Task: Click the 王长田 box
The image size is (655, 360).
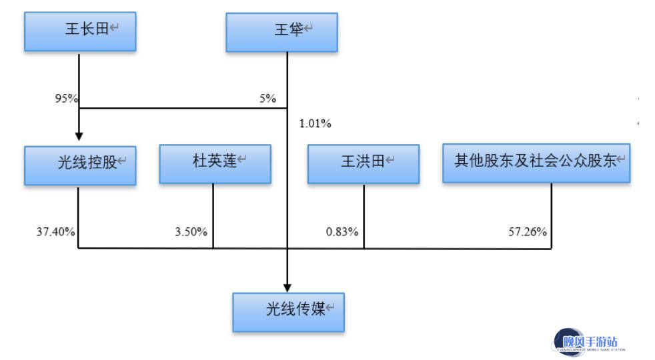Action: [x=80, y=32]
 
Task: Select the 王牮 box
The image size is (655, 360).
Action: [x=282, y=33]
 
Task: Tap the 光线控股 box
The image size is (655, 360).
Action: [x=80, y=165]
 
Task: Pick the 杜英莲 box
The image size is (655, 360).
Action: [x=215, y=164]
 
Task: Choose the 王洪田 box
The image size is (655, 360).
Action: [x=364, y=164]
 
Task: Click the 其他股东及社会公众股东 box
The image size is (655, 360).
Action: [x=536, y=163]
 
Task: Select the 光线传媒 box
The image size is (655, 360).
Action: [x=289, y=313]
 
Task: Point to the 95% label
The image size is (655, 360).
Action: [x=67, y=99]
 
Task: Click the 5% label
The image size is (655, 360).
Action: [x=267, y=99]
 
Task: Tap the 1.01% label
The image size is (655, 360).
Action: [x=315, y=123]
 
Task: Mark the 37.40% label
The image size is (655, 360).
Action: [x=55, y=232]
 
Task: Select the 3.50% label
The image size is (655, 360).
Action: [x=191, y=232]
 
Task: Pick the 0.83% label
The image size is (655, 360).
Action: [x=342, y=232]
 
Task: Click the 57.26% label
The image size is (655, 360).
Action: [x=528, y=232]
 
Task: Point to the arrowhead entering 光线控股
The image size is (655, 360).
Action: [x=79, y=137]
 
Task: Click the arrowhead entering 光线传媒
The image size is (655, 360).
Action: [x=287, y=288]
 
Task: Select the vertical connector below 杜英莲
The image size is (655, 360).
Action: [x=213, y=216]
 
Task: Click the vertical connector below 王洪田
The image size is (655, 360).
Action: [x=364, y=217]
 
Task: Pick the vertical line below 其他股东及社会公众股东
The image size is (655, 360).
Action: [x=552, y=216]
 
